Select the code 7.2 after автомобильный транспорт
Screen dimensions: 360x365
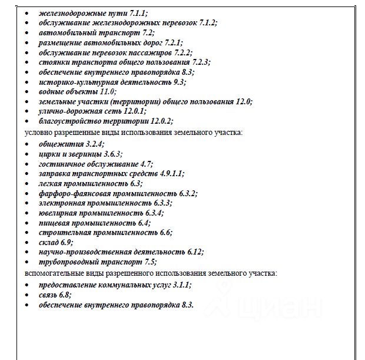point(147,32)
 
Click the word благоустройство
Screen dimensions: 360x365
point(67,121)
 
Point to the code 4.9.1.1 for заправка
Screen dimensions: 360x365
point(171,173)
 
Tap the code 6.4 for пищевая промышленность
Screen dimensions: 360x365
point(142,223)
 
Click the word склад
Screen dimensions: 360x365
point(48,242)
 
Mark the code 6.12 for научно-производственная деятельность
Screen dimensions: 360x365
point(193,252)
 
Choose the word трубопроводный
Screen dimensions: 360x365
point(67,262)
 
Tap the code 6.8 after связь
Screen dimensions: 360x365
point(65,295)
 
